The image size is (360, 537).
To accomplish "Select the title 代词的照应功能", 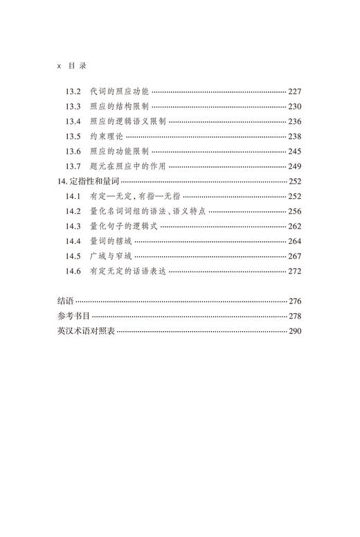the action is [x=120, y=91].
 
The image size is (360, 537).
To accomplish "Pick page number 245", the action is [x=295, y=151].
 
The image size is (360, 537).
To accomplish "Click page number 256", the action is [x=295, y=211].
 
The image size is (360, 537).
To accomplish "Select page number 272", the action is [x=295, y=272].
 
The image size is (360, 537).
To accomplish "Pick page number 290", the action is [x=295, y=331].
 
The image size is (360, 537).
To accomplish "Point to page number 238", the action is [x=295, y=137].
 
